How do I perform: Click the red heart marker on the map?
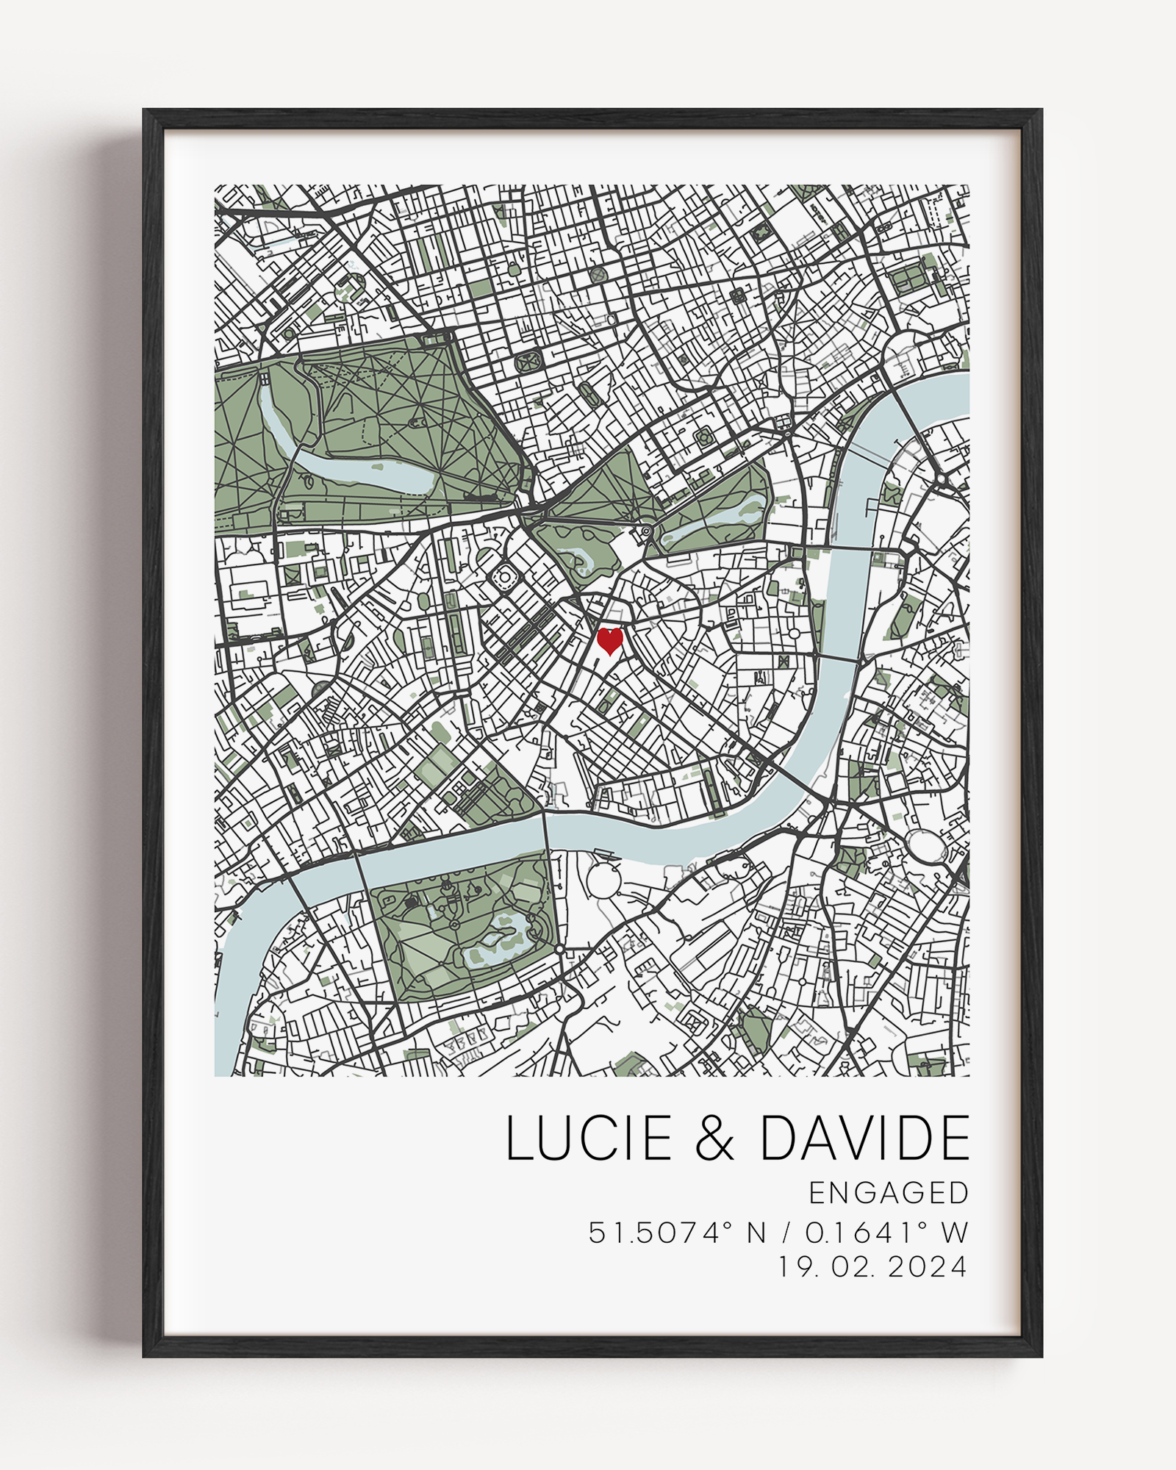609,640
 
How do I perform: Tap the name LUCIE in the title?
589,1138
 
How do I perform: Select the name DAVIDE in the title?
864,1138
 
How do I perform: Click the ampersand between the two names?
714,1139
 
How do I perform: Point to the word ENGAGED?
889,1193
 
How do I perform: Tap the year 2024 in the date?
928,1267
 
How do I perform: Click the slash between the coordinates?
786,1233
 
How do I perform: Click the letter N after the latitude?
757,1233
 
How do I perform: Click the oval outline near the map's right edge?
926,845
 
